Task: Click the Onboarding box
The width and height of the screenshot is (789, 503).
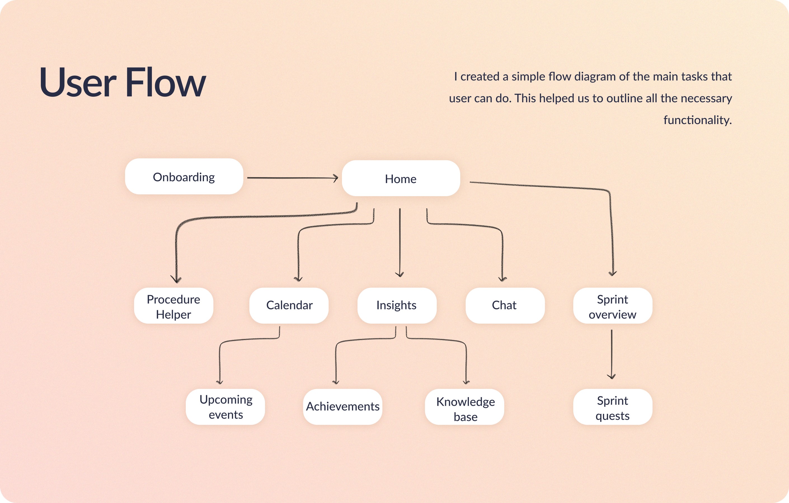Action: pyautogui.click(x=184, y=176)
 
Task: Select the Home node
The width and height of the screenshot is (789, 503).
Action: pyautogui.click(x=401, y=178)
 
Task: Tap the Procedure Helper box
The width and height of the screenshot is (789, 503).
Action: pyautogui.click(x=174, y=306)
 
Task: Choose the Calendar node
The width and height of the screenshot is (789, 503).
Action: pyautogui.click(x=289, y=306)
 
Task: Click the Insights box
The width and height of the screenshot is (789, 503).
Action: pyautogui.click(x=397, y=306)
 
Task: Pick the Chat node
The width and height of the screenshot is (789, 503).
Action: pyautogui.click(x=505, y=306)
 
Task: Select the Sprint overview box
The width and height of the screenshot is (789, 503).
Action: pyautogui.click(x=613, y=306)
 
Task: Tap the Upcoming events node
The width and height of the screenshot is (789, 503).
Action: pyautogui.click(x=226, y=407)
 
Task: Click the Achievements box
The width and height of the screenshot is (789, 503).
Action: pyautogui.click(x=343, y=407)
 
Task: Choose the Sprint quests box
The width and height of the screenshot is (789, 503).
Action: pyautogui.click(x=613, y=407)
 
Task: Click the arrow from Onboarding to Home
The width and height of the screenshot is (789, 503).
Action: pyautogui.click(x=293, y=178)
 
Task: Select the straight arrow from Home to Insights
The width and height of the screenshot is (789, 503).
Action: pyautogui.click(x=400, y=243)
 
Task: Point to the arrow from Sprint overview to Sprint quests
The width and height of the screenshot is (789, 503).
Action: pyautogui.click(x=612, y=354)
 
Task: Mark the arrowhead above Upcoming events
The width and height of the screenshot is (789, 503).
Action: pyautogui.click(x=220, y=382)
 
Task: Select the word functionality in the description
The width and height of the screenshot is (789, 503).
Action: pyautogui.click(x=698, y=120)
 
